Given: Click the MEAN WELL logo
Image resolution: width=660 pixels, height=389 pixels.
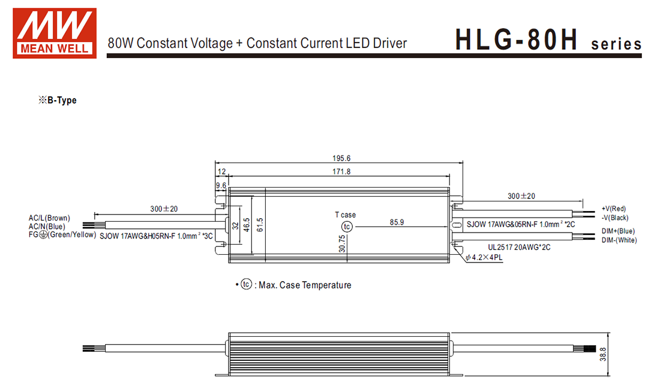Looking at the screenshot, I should coord(55,33).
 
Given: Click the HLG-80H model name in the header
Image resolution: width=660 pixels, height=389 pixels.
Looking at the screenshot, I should coord(516,41).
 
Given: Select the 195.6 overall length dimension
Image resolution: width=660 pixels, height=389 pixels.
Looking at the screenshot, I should coord(340,159).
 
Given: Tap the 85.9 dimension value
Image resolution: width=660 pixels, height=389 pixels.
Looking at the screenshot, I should coord(397,222).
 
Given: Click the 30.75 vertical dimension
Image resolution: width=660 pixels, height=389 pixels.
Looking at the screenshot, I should coord(341,245).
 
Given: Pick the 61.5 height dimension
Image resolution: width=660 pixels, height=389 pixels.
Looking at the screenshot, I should coord(259,225).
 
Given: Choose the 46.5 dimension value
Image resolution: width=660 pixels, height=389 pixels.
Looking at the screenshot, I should coord(246,226).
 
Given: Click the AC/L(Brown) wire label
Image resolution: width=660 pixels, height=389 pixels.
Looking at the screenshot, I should coord(49,218).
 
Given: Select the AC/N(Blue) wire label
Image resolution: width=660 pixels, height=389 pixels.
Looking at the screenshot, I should coord(47,226).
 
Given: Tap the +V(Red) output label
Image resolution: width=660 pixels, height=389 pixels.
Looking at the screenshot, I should coord(613,209).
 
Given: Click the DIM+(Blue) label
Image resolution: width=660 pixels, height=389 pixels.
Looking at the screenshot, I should coord(617,231).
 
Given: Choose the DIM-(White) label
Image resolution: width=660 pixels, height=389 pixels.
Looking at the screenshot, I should coord(619,240).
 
